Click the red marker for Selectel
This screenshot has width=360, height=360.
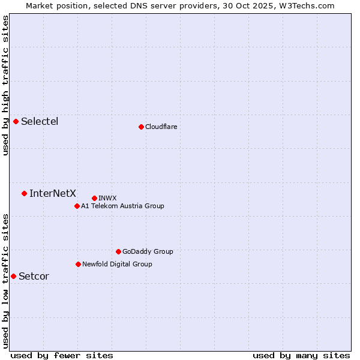coord(16,121)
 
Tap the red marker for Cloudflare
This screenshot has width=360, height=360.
coord(141,127)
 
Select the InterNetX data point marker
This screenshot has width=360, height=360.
coord(24,193)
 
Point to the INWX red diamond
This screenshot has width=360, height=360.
coord(94,198)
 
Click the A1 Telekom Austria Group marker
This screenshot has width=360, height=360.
coord(77,206)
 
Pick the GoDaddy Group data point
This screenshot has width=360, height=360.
coord(118,251)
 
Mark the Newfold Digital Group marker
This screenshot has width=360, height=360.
coord(78,264)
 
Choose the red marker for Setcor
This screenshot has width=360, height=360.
coord(13,276)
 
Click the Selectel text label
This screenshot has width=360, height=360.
coord(40,121)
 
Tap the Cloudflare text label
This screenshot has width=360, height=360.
coord(161,127)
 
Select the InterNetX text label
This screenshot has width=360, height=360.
coord(53,193)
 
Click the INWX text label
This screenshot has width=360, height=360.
coord(107,198)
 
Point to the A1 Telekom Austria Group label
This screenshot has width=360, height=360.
coord(122,206)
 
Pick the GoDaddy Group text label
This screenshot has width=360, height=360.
coord(148,251)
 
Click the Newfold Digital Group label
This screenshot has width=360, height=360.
coord(117,264)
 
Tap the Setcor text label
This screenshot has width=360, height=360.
coord(34,276)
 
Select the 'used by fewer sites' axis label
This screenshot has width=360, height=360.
coord(62,355)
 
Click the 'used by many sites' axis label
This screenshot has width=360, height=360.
coord(301,355)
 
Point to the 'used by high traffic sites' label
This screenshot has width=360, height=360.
coord(6,85)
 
